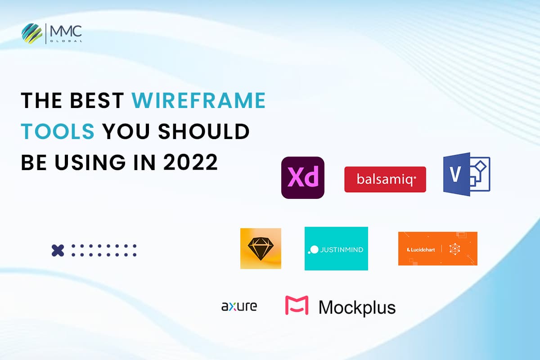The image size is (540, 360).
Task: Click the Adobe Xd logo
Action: [x=302, y=178]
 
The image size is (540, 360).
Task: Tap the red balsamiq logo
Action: [x=385, y=180]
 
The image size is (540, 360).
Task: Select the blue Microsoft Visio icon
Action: [x=466, y=174]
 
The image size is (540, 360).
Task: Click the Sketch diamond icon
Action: [x=261, y=248]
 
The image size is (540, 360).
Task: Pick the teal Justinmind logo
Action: [x=336, y=248]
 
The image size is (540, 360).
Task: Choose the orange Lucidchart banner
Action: [x=437, y=248]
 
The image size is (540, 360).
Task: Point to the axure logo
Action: [x=239, y=306]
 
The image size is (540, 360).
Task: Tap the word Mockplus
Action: [x=357, y=307]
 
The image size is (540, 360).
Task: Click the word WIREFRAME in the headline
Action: [x=198, y=101]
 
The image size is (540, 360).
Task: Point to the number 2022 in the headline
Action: [x=190, y=162]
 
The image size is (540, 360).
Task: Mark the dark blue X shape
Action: [x=58, y=250]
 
